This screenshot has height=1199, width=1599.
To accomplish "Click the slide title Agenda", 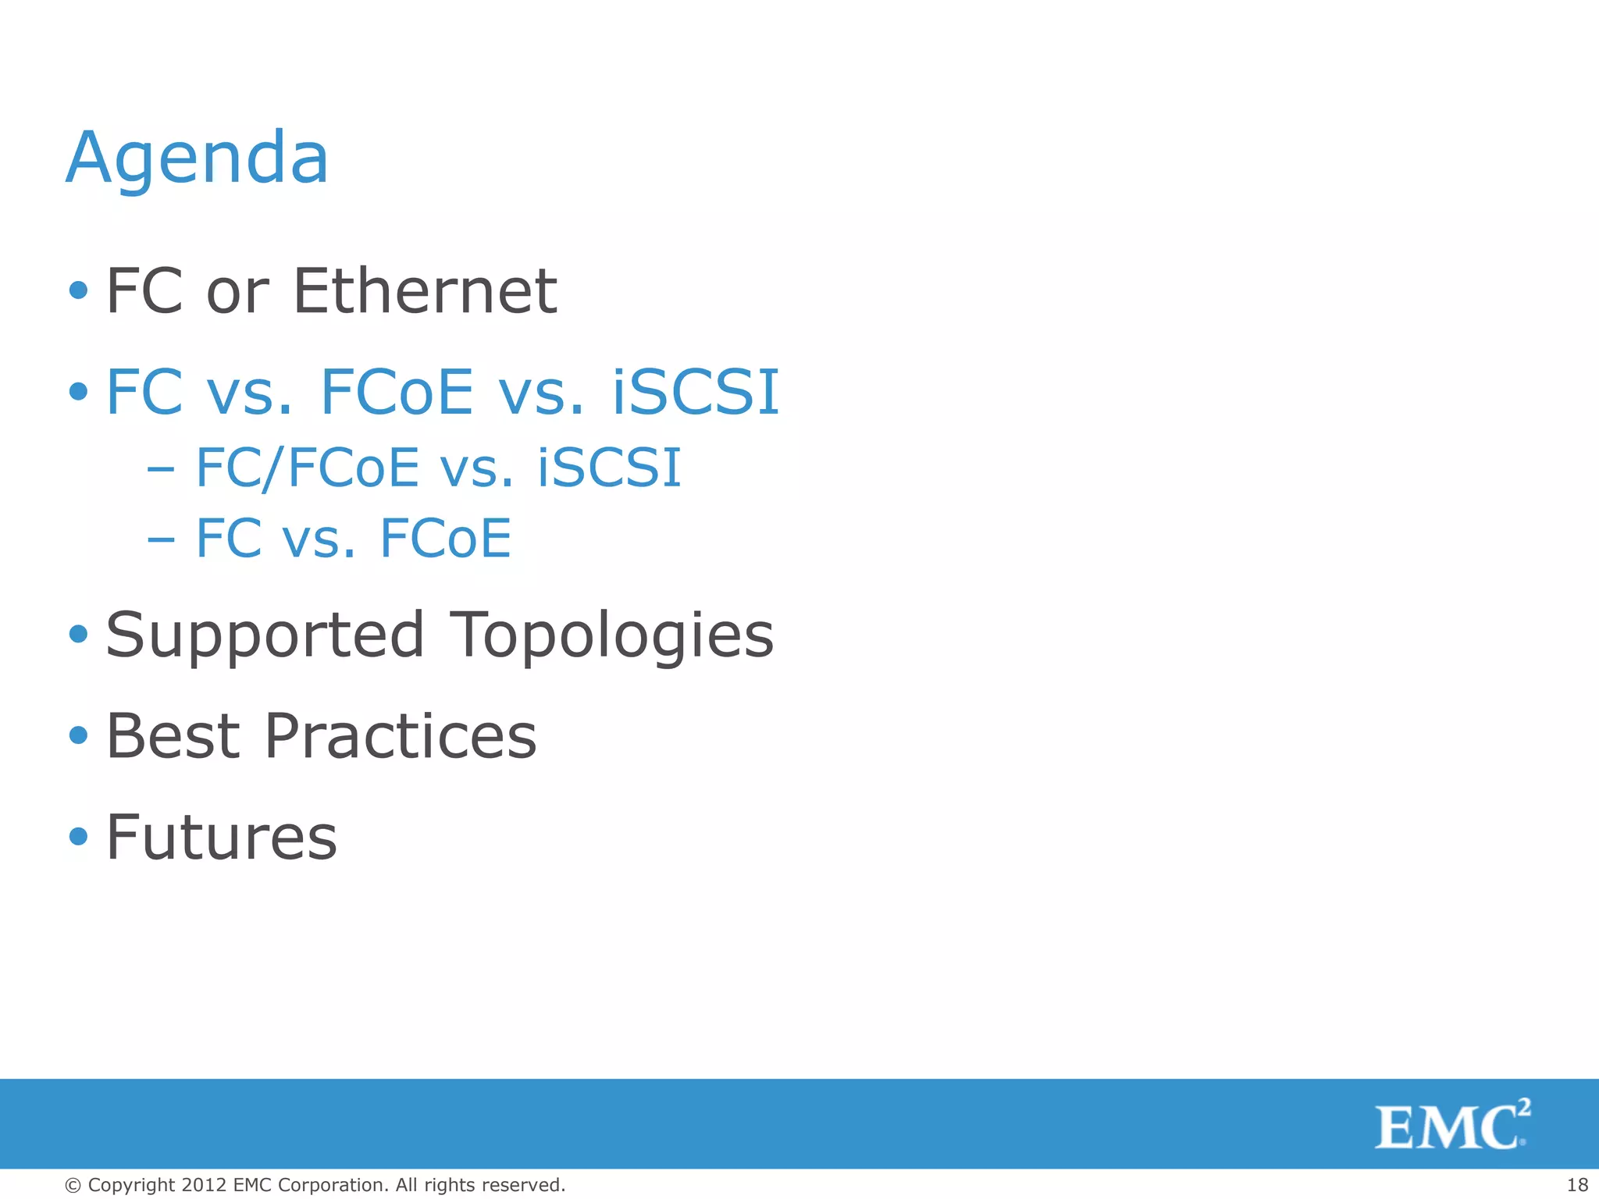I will (197, 158).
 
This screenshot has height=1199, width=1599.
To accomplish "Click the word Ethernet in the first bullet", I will (425, 291).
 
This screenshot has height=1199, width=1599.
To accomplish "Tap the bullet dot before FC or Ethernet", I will (78, 291).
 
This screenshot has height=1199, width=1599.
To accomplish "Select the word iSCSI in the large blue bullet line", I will (696, 392).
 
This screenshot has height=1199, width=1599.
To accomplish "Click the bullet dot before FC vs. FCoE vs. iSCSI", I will (78, 391).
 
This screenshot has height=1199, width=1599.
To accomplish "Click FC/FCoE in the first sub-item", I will (308, 468).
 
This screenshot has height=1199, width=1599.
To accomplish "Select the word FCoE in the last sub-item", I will (445, 539).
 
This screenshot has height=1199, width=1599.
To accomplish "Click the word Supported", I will (265, 635).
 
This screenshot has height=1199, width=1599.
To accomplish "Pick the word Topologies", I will (612, 635).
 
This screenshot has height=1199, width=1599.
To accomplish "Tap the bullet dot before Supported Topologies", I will (78, 634).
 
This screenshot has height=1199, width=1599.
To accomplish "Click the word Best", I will (173, 736).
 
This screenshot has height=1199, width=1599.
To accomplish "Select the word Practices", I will (401, 736).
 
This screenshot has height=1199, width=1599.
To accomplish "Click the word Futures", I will (222, 838).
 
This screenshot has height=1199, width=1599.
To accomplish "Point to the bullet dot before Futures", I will (78, 837).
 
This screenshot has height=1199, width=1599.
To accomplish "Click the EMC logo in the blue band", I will (1451, 1125).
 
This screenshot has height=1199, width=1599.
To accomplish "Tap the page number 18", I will (1577, 1185).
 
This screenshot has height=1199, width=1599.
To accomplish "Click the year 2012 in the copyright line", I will (204, 1185).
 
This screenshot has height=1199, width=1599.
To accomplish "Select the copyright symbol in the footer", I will (73, 1186).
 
